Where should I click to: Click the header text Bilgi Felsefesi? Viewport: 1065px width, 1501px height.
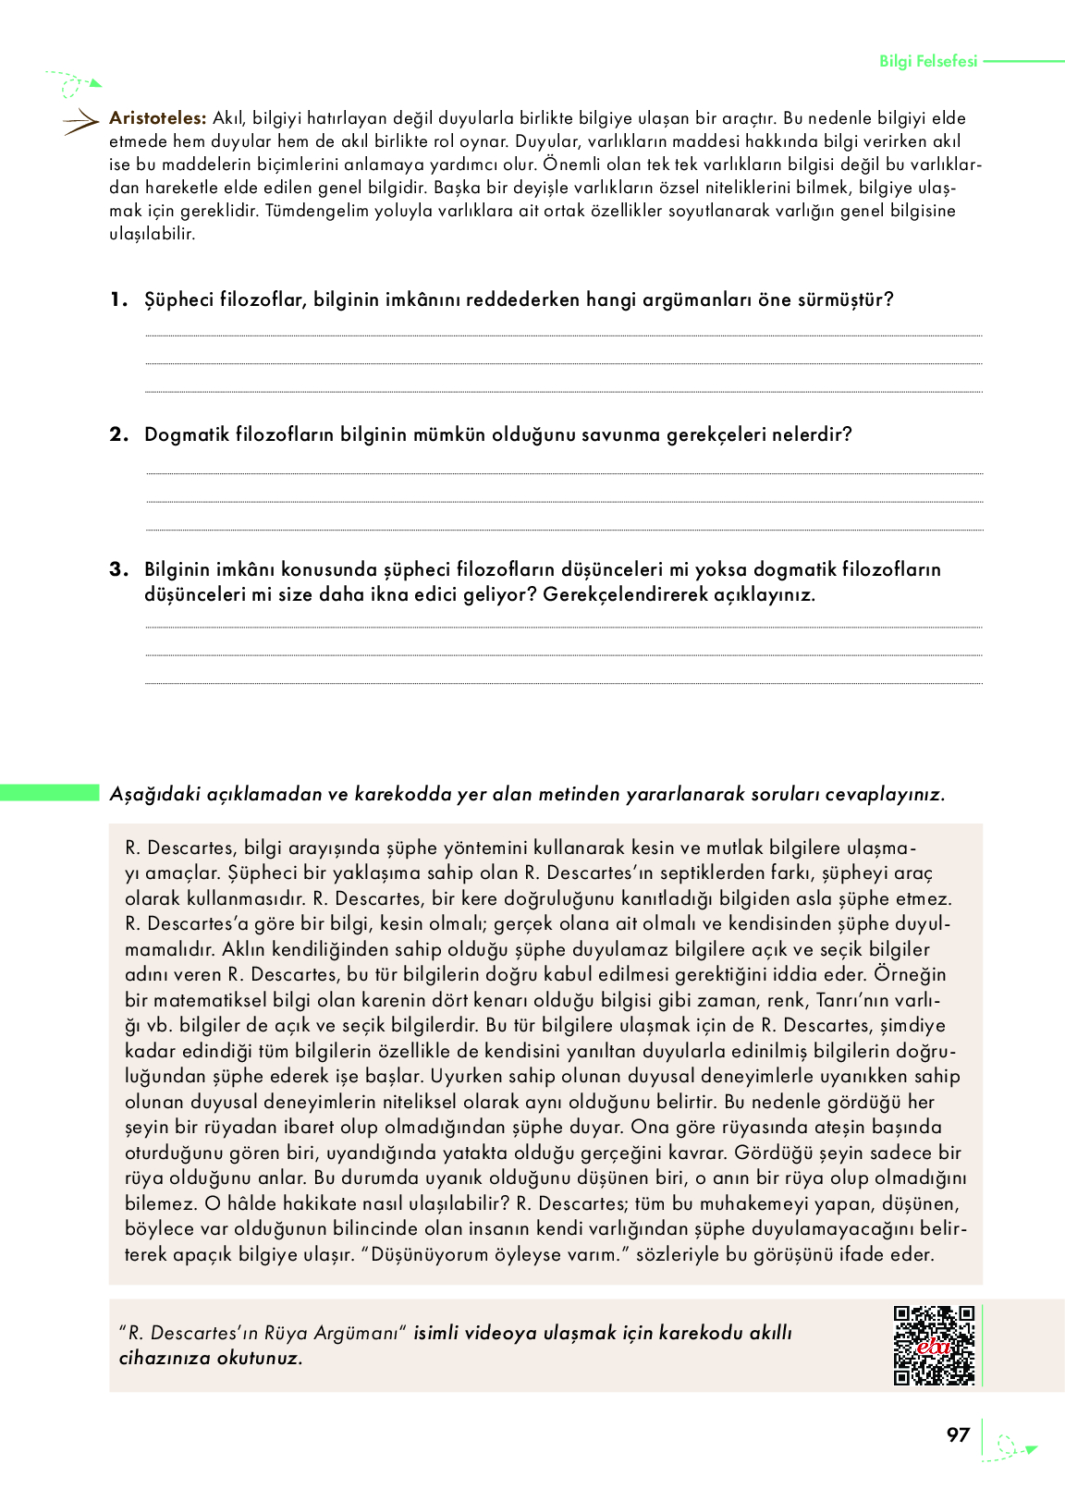[927, 61]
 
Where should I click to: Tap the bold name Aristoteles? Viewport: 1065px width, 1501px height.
[157, 118]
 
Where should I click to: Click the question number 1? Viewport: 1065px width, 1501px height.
[117, 299]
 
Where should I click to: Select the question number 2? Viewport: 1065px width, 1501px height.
[117, 434]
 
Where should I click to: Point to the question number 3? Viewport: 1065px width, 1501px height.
[117, 569]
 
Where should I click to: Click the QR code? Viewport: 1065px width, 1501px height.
[934, 1345]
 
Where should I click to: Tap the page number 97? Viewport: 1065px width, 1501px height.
[958, 1434]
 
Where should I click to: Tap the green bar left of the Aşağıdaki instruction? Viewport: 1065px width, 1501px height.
[49, 792]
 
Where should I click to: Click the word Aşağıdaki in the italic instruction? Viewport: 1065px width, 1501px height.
[152, 794]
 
